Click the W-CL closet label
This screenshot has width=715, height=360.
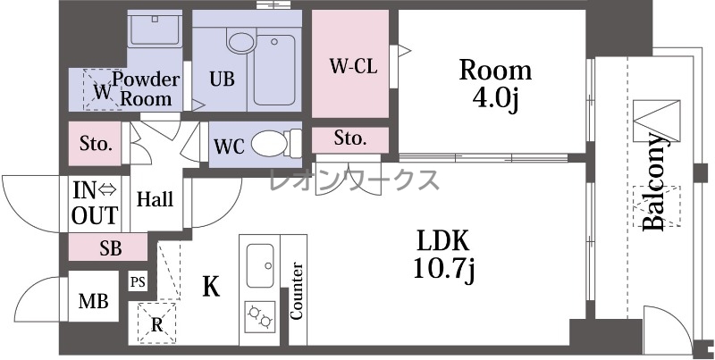pyautogui.click(x=353, y=66)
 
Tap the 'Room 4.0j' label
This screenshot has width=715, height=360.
pyautogui.click(x=495, y=84)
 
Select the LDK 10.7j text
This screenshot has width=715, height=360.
pyautogui.click(x=444, y=255)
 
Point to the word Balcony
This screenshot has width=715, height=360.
pyautogui.click(x=655, y=181)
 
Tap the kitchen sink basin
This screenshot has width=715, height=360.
pyautogui.click(x=260, y=265)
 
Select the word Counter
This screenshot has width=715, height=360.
pyautogui.click(x=297, y=290)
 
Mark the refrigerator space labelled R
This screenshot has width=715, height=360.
pyautogui.click(x=156, y=323)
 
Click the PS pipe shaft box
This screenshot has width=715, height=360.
pyautogui.click(x=138, y=282)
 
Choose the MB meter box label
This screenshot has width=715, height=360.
pyautogui.click(x=94, y=301)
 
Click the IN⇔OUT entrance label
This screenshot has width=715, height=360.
pyautogui.click(x=95, y=204)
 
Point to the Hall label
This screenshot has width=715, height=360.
pyautogui.click(x=156, y=199)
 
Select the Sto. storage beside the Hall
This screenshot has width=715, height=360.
pyautogui.click(x=96, y=144)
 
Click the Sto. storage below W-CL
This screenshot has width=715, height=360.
pyautogui.click(x=350, y=139)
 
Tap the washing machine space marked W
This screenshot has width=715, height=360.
pyautogui.click(x=102, y=89)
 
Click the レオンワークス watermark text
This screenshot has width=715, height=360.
pyautogui.click(x=354, y=180)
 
